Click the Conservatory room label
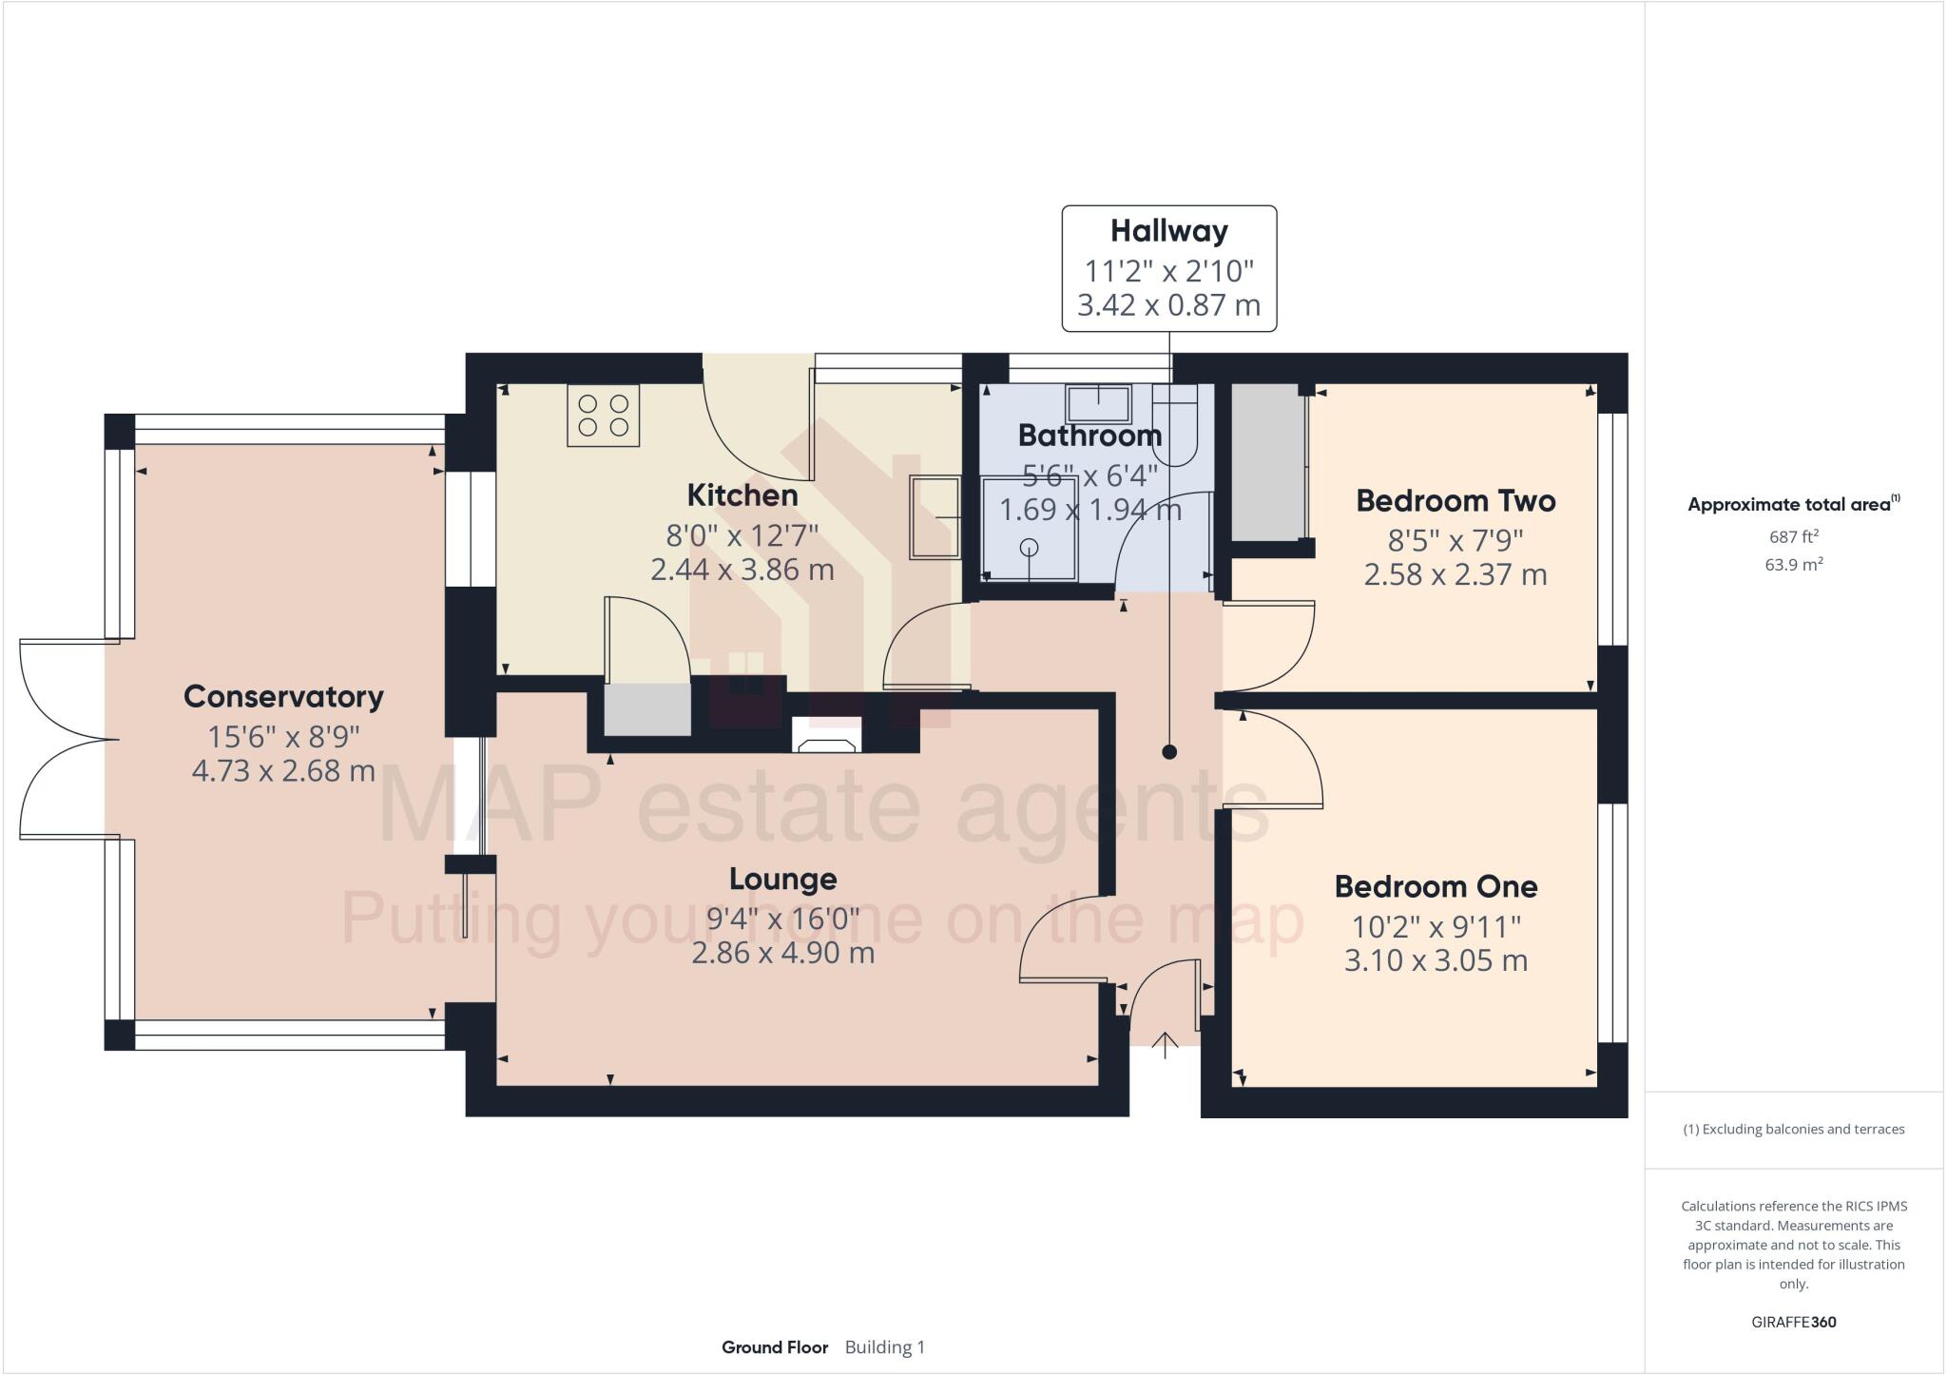[x=283, y=696]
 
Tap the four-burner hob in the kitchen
[x=604, y=415]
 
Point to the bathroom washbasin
[x=1098, y=403]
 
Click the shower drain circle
[x=1029, y=548]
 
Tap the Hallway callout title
[x=1169, y=231]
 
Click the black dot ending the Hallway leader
[x=1169, y=752]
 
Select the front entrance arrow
[x=1165, y=1045]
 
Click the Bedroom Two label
[x=1455, y=500]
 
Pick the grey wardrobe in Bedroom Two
[x=1267, y=462]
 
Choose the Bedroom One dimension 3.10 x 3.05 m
[x=1436, y=960]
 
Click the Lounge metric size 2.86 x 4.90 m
[x=782, y=952]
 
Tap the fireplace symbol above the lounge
[x=826, y=735]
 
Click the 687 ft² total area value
[x=1793, y=537]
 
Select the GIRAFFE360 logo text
[x=1793, y=1322]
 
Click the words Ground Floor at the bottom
[x=775, y=1347]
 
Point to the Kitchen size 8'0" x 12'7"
[x=742, y=535]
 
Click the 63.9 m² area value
[x=1793, y=565]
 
